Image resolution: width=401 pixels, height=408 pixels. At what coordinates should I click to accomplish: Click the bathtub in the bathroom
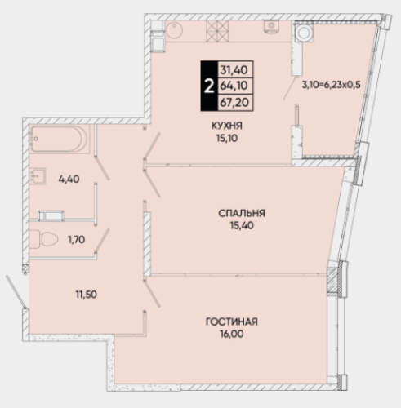60,139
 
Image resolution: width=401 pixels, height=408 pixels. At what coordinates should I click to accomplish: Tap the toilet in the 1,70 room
43,239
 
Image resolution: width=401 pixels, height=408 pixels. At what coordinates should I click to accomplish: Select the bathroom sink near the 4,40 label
38,176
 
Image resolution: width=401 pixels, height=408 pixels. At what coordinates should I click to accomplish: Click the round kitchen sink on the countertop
174,30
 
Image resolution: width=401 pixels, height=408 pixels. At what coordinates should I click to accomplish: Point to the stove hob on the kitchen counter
217,31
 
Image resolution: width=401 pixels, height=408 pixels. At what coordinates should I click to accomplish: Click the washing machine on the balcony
304,32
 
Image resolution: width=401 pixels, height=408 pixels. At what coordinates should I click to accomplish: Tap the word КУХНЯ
227,126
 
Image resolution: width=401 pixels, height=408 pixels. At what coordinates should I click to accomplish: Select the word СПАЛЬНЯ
242,213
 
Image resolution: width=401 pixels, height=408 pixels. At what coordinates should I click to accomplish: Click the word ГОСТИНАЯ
232,322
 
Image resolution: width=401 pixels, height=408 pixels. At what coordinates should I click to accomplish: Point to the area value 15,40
242,225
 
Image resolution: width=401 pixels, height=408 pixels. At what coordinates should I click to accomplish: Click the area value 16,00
232,334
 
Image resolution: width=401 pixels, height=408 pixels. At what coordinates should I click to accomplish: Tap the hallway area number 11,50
87,295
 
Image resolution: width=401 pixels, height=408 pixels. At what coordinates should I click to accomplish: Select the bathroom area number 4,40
69,179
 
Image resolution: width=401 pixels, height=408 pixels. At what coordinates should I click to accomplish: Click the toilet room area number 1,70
76,240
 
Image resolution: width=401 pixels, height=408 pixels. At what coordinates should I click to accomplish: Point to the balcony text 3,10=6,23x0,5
331,85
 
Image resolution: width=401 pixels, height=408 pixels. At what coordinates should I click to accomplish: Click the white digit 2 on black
209,86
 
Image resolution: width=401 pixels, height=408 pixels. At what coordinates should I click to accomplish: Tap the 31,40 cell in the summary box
236,69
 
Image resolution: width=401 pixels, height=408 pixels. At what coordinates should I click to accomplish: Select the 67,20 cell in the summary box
236,103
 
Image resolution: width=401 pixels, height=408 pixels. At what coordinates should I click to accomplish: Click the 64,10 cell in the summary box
236,86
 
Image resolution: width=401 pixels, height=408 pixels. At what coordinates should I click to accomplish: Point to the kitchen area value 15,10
227,139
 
